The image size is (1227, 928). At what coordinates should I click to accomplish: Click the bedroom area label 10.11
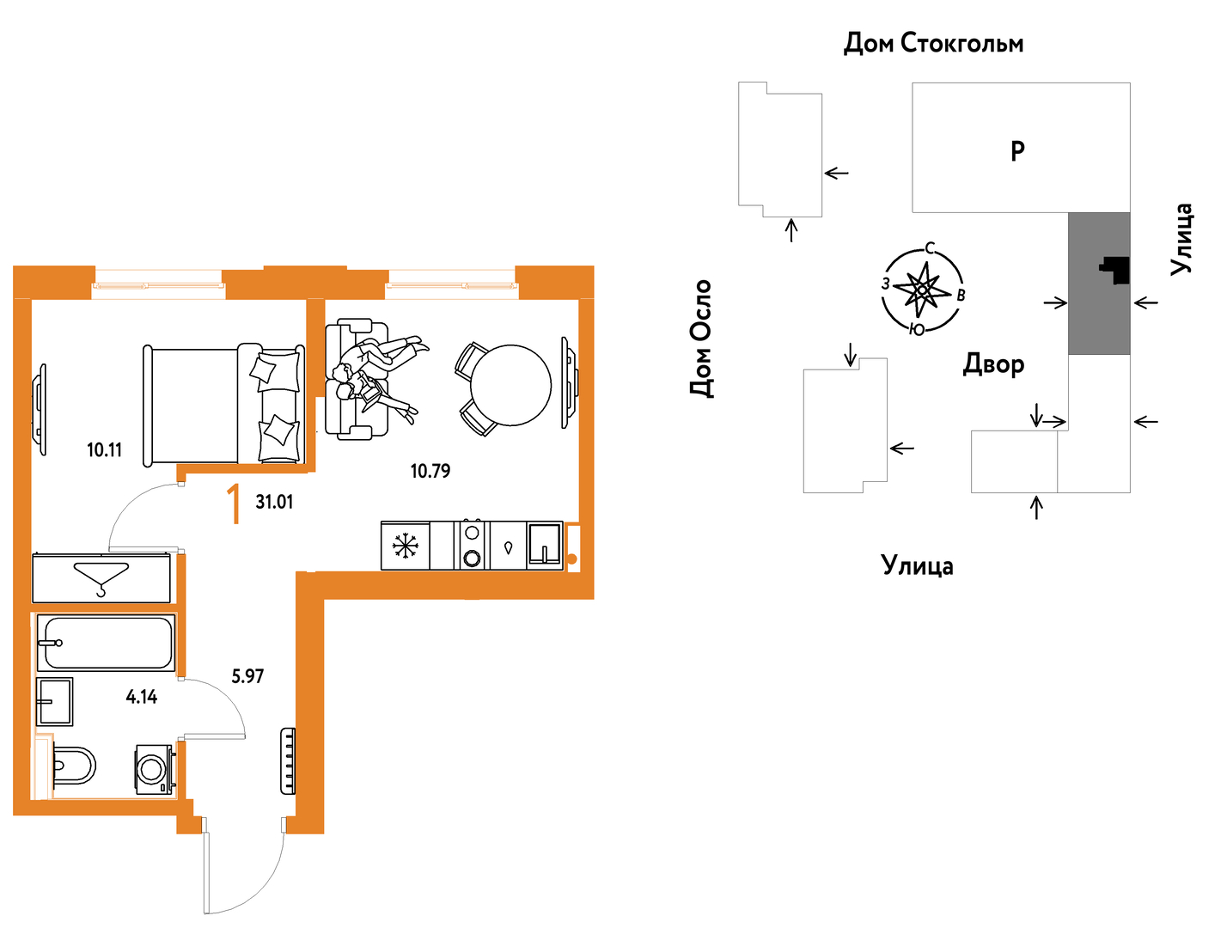click(x=104, y=450)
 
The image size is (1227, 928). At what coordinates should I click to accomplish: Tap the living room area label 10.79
click(x=430, y=471)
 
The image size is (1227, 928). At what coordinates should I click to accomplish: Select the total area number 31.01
click(x=274, y=502)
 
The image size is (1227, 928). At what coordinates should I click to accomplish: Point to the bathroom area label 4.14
click(x=142, y=697)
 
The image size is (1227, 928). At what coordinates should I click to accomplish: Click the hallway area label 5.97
click(x=247, y=676)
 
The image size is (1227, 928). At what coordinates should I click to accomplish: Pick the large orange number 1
click(x=235, y=504)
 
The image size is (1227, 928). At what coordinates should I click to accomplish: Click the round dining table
click(x=510, y=385)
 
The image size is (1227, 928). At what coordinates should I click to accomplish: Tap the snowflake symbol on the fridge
click(x=406, y=546)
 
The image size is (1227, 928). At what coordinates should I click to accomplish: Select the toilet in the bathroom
click(x=75, y=766)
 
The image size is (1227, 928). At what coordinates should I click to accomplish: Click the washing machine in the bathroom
click(x=155, y=769)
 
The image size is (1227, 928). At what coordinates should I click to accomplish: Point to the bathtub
click(x=106, y=643)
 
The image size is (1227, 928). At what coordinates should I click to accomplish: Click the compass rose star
click(x=922, y=290)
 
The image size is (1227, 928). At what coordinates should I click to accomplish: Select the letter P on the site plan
click(x=1017, y=150)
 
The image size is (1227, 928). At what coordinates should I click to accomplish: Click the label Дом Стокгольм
click(x=933, y=43)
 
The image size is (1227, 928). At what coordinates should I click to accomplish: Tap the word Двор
click(x=993, y=364)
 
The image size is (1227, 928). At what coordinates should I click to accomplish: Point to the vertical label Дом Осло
click(x=701, y=339)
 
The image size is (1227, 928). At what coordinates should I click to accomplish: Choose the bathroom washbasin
click(x=54, y=702)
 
